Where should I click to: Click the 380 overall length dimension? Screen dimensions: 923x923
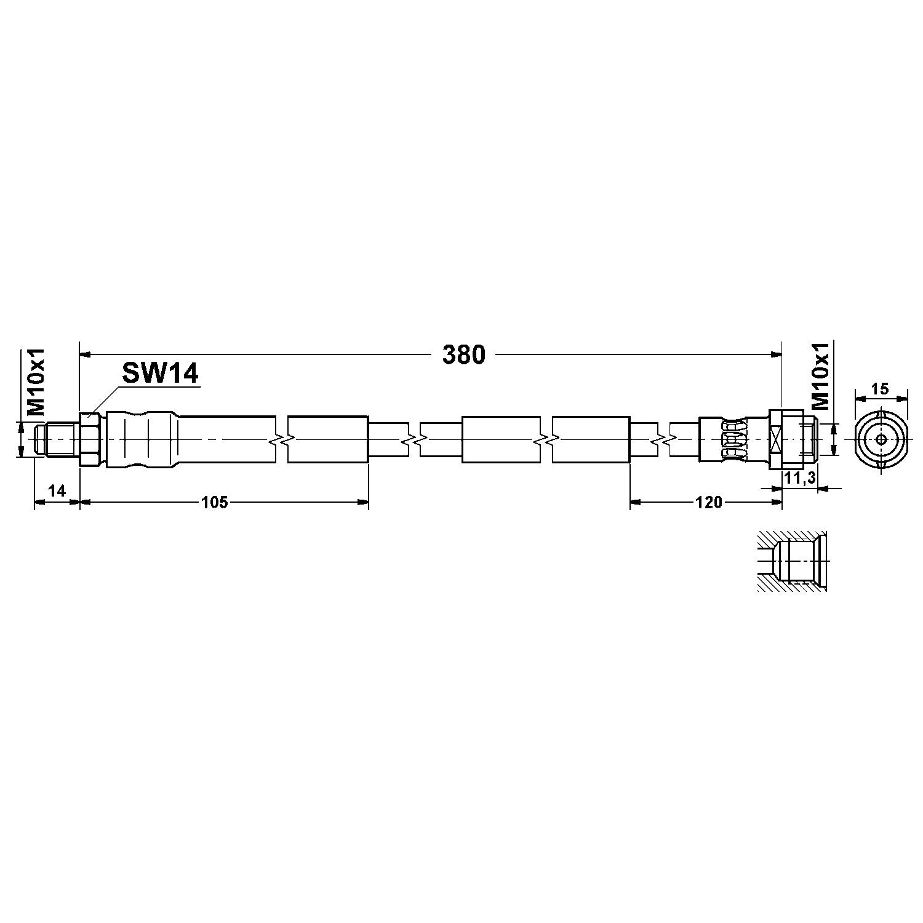pos(463,355)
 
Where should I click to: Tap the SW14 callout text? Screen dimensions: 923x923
pos(160,373)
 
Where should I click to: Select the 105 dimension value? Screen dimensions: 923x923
pos(215,503)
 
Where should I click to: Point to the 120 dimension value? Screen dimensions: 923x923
pos(708,503)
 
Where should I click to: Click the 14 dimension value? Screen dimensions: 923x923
pos(57,490)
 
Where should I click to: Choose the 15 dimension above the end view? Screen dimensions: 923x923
pos(881,388)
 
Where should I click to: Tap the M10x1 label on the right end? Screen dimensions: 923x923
pos(821,377)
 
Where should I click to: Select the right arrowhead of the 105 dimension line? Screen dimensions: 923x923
pos(363,503)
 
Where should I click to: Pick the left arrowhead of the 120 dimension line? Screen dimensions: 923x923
pos(635,503)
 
